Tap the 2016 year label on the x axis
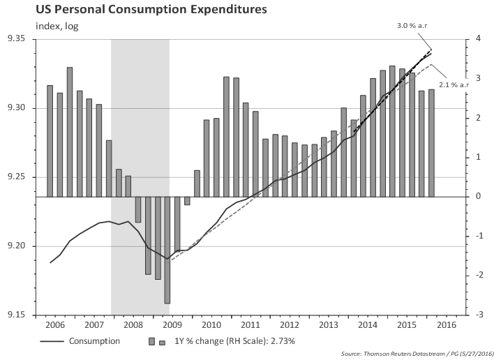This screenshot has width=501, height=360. [x=447, y=326]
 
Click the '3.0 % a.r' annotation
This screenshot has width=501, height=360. [x=412, y=24]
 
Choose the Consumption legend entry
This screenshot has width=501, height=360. [x=94, y=342]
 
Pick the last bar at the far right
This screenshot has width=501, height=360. [x=431, y=143]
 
